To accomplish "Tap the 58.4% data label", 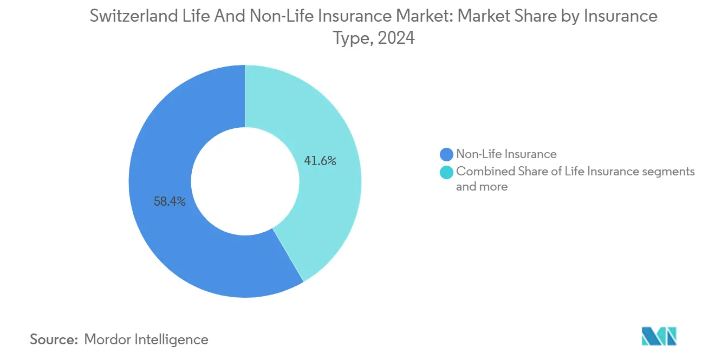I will [x=170, y=202].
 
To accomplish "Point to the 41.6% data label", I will [x=320, y=161].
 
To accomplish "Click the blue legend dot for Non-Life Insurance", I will [x=447, y=154].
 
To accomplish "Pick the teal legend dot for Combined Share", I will [x=447, y=172].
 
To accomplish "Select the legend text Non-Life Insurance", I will [x=506, y=154].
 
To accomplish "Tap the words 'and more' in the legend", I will [x=482, y=187].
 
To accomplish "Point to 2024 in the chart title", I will [x=396, y=38].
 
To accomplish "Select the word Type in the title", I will [x=351, y=39].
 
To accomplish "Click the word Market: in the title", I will [x=423, y=16].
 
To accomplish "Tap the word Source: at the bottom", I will [x=54, y=339].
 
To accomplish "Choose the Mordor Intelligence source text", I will [x=146, y=339].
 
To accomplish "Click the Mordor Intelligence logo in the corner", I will [x=659, y=336].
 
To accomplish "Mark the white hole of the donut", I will [x=245, y=181].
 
